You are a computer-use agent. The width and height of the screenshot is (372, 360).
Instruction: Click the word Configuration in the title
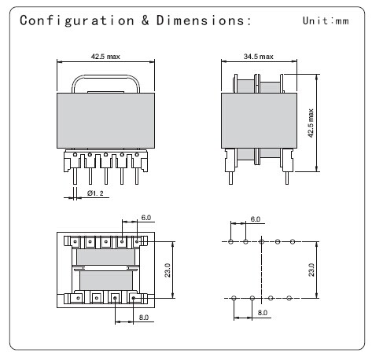coord(77,20)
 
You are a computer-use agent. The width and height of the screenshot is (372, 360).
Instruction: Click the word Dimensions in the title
coord(201,20)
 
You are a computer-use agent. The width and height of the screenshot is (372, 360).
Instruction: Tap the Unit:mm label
coord(326,20)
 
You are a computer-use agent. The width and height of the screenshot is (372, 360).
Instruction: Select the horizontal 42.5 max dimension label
coord(105,57)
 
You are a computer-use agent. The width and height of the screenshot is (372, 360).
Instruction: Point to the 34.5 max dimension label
coord(259,57)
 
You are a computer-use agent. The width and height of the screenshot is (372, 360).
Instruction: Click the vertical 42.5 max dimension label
coord(311,123)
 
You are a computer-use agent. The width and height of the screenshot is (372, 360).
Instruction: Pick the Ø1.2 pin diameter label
coord(95,193)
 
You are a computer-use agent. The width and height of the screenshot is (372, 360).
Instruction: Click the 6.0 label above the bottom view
coord(146,218)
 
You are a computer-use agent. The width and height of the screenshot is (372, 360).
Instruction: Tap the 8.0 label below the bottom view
coord(144,318)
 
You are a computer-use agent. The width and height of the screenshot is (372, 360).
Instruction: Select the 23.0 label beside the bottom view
coord(168,270)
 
